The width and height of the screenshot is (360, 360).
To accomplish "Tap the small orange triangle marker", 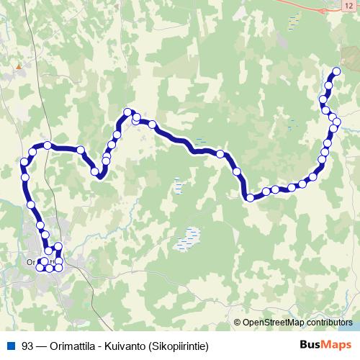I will [18, 66].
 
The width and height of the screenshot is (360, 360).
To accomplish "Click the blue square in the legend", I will [9, 345].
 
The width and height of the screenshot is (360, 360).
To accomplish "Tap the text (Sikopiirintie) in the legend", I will [182, 345].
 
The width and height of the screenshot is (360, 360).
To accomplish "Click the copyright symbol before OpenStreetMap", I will [238, 322].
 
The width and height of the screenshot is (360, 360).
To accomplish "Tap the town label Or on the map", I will [30, 262].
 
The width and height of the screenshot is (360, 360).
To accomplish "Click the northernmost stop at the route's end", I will [336, 71].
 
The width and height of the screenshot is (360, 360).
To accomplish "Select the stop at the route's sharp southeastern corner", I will [250, 197].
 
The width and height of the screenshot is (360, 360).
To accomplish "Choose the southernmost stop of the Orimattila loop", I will [49, 269].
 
